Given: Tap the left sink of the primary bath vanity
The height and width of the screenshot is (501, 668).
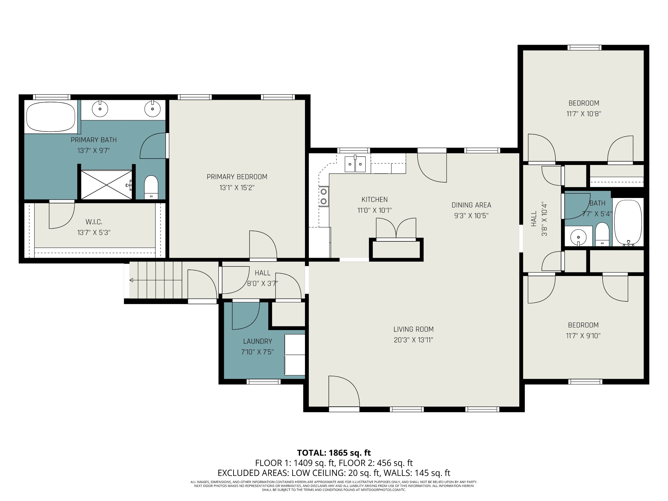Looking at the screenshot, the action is tap(100, 109).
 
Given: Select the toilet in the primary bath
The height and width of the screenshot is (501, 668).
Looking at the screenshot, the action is tap(151, 188).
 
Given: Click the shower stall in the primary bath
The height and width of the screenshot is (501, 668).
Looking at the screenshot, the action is tap(106, 184).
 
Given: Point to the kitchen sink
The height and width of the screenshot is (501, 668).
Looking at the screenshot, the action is tap(355, 163).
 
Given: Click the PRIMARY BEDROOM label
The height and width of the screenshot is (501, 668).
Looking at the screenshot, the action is tap(237, 177).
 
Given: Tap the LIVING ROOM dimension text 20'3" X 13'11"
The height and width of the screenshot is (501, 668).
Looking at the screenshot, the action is tap(413, 340).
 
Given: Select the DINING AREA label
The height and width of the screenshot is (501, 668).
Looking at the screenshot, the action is tap(471, 205).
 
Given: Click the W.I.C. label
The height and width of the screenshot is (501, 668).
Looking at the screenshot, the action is tap(94, 222).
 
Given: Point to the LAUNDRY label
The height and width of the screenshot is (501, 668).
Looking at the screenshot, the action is tap(257, 341).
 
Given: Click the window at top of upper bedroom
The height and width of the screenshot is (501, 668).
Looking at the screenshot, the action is tap(584, 48).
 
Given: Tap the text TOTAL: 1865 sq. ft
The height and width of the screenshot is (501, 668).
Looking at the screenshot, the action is tap(334, 453).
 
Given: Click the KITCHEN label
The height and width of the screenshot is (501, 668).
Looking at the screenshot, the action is tap(374, 199).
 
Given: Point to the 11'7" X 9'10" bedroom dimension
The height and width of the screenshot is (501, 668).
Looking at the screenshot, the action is tap(583, 336).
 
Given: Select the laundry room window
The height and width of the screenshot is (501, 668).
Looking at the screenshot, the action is tap(264, 381).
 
